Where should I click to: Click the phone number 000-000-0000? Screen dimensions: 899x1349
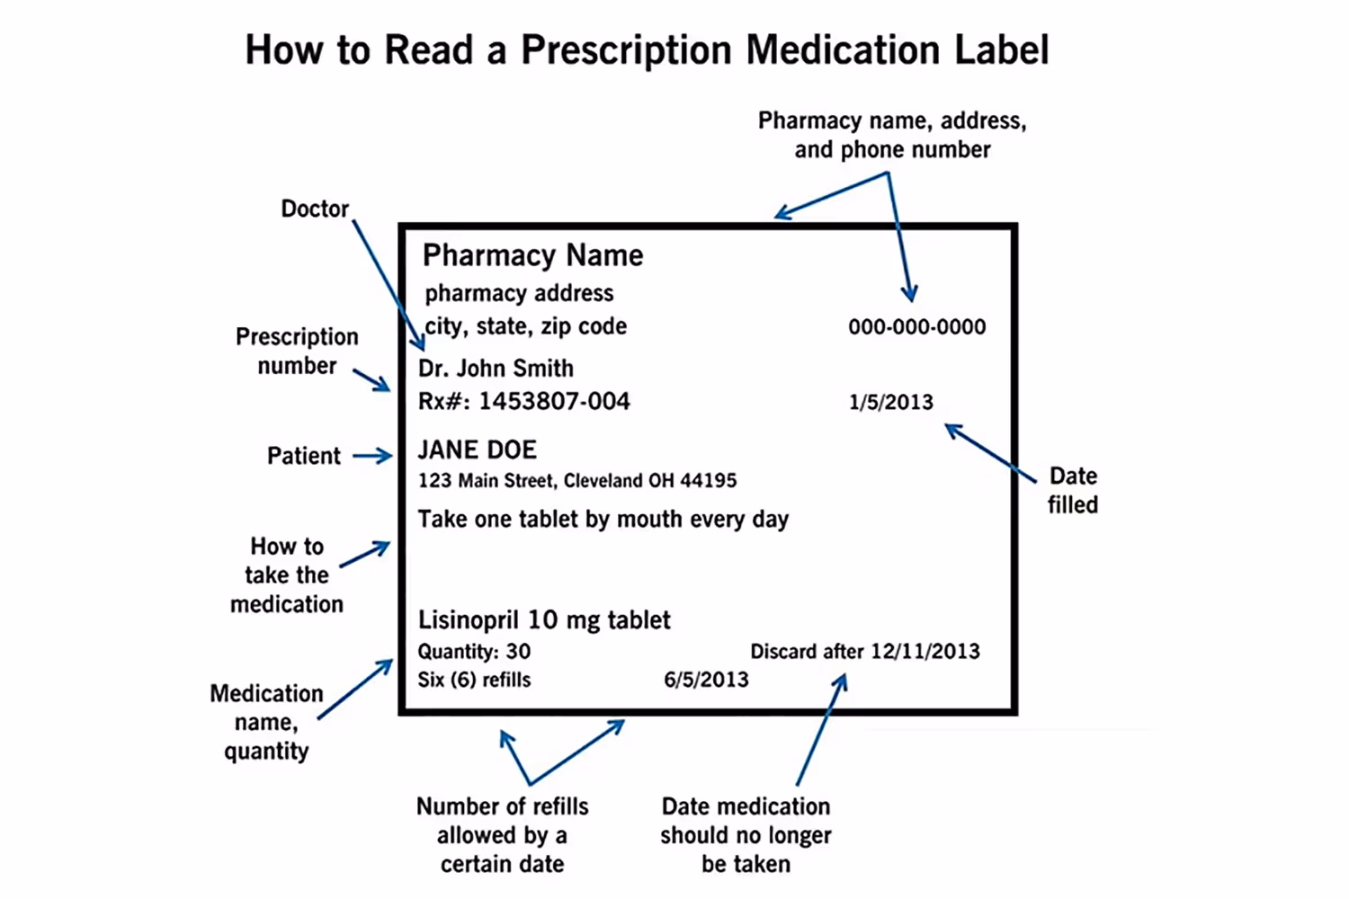(x=916, y=327)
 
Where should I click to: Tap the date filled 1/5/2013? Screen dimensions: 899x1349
(x=890, y=402)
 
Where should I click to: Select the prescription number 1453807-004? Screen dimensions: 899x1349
(x=554, y=401)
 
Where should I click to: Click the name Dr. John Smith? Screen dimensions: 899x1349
(x=496, y=369)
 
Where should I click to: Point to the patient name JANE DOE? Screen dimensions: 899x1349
(x=477, y=449)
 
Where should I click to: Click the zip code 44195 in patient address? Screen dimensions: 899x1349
(x=708, y=481)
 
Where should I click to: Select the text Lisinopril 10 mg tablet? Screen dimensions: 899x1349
(x=544, y=620)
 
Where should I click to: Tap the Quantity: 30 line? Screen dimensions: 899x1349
(x=474, y=652)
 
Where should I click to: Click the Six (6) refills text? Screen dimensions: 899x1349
(x=474, y=680)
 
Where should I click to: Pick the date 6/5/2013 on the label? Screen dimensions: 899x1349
(x=706, y=680)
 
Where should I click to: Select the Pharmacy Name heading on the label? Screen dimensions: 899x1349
(x=532, y=255)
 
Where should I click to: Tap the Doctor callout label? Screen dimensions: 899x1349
(x=315, y=209)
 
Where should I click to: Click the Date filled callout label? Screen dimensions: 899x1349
(x=1072, y=490)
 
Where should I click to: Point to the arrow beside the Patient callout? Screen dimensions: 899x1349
(x=372, y=457)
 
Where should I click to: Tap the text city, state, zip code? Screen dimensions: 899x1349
(x=525, y=326)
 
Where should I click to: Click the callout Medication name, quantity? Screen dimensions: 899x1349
(x=266, y=722)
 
